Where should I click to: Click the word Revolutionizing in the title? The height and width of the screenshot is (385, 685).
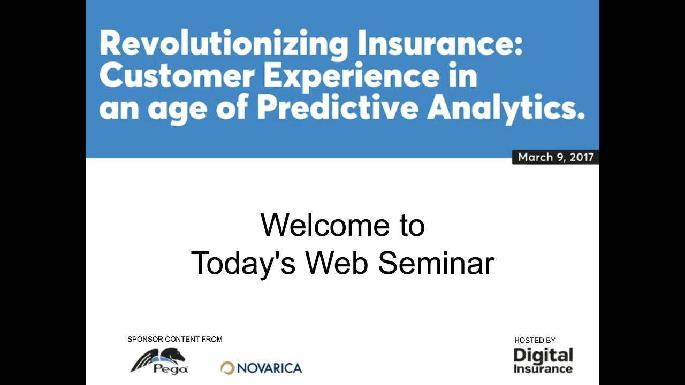click(x=224, y=44)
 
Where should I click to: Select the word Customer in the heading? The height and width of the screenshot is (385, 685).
click(x=177, y=75)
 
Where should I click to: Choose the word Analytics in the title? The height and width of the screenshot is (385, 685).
click(x=506, y=110)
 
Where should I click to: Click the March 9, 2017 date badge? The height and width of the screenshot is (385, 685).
click(x=555, y=157)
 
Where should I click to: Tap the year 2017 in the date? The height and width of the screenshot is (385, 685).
click(x=582, y=157)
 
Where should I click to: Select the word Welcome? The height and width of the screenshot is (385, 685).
click(x=325, y=225)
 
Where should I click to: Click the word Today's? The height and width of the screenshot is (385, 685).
click(x=243, y=263)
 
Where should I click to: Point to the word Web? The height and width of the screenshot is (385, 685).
click(x=337, y=263)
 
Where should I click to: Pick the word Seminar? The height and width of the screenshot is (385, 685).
click(x=436, y=263)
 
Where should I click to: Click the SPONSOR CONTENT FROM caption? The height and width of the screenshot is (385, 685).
click(x=175, y=339)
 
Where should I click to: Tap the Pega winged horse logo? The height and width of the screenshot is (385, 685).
click(x=159, y=361)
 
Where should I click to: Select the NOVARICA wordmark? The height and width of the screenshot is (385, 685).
click(x=269, y=368)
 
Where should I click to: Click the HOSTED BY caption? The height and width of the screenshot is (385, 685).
click(x=535, y=340)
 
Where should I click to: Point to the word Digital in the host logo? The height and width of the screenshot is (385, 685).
click(x=543, y=356)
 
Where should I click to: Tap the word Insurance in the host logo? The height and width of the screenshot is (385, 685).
click(x=543, y=368)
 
